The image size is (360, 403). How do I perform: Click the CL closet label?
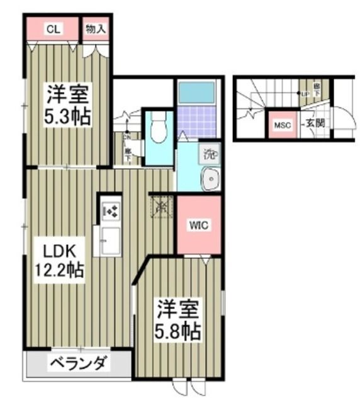pyautogui.click(x=53, y=29)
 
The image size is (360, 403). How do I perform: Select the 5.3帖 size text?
pyautogui.click(x=65, y=116)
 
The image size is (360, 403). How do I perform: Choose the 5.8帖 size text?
pyautogui.click(x=177, y=331)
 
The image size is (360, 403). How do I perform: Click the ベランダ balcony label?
pyautogui.click(x=79, y=363)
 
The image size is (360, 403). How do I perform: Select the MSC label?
pyautogui.click(x=281, y=125)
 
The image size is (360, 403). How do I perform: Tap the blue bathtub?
pyautogui.click(x=196, y=93)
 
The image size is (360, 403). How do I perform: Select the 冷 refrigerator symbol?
pyautogui.click(x=160, y=205)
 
